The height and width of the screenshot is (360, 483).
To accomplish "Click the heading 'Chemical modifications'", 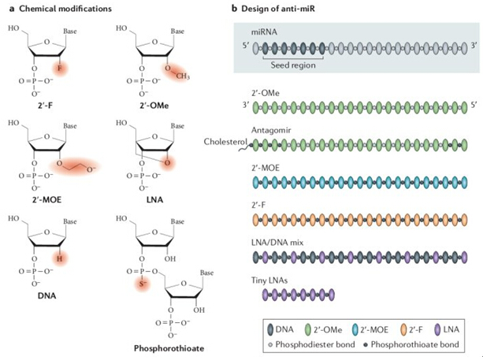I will [x=57, y=8].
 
